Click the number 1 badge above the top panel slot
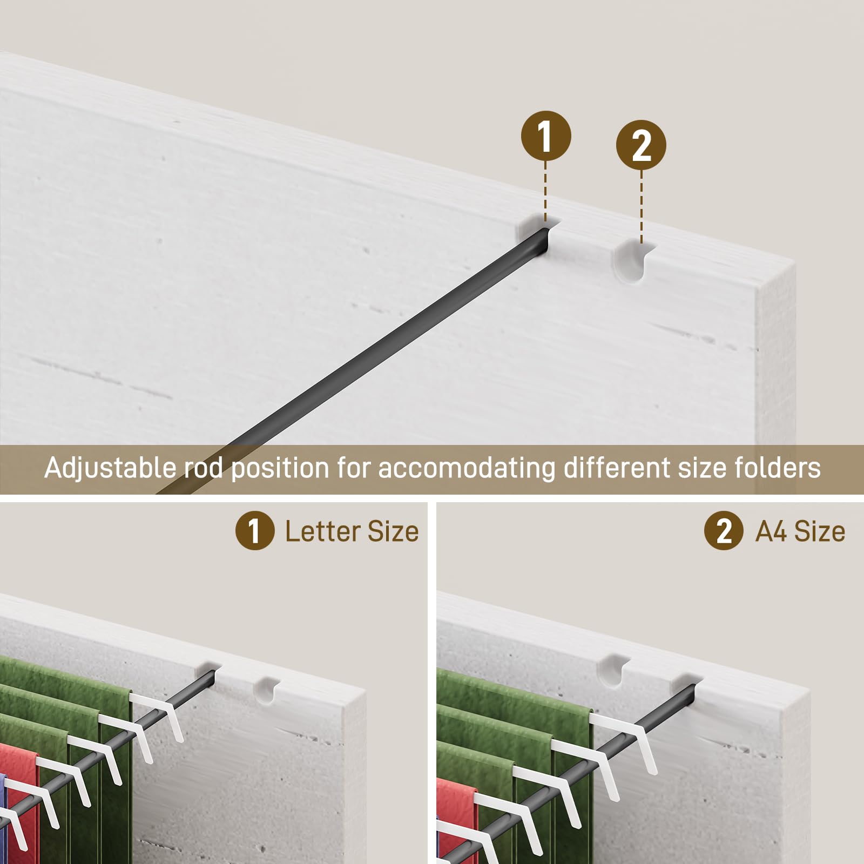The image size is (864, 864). (x=546, y=136)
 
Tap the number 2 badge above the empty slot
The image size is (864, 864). (x=641, y=145)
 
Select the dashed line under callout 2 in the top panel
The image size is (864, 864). (x=642, y=207)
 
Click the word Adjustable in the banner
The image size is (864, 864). (x=111, y=468)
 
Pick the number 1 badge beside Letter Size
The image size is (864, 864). (x=255, y=531)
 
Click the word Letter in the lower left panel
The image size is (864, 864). (x=323, y=531)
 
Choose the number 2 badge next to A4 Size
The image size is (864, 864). (x=724, y=531)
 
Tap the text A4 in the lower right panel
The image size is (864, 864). (x=771, y=531)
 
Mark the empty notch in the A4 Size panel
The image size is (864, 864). (x=613, y=670)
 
